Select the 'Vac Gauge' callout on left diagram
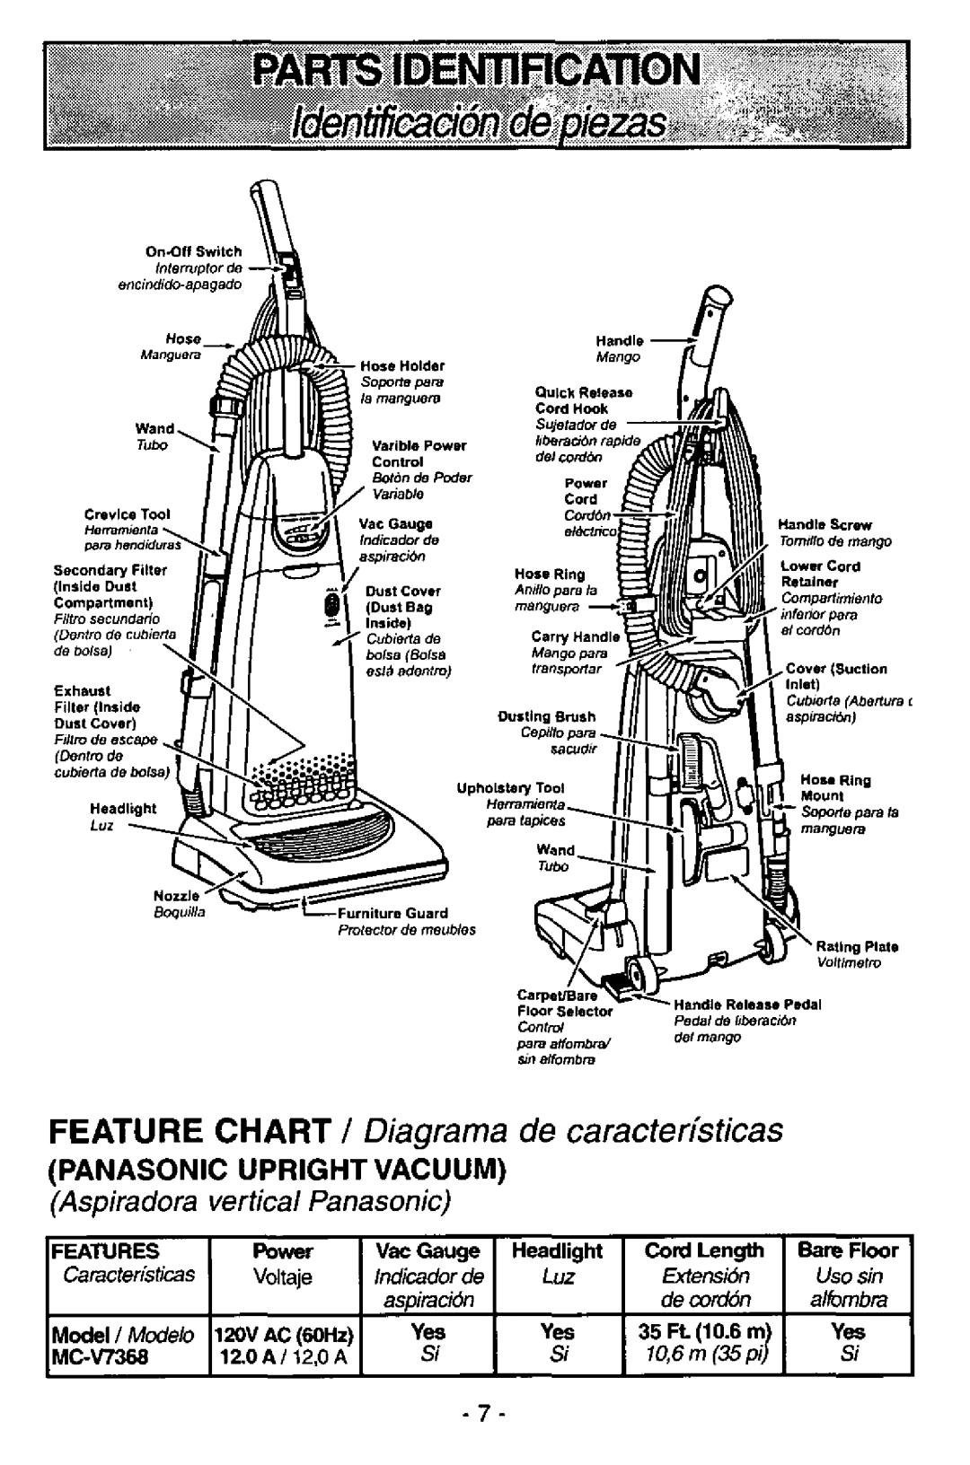(384, 522)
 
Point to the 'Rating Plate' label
(858, 947)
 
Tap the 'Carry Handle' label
(564, 636)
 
